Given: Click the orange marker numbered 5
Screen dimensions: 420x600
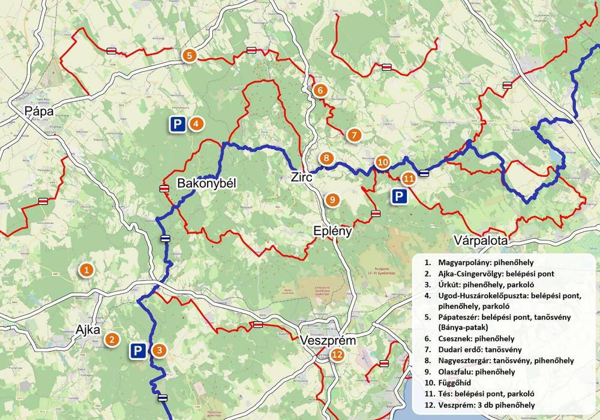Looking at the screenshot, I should pyautogui.click(x=189, y=55).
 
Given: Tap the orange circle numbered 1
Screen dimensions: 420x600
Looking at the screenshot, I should pyautogui.click(x=86, y=271).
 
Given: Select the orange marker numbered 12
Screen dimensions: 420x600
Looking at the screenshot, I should pyautogui.click(x=337, y=355).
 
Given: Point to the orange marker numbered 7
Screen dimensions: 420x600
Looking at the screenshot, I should pyautogui.click(x=353, y=135).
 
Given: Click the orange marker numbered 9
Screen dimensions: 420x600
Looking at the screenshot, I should pyautogui.click(x=330, y=199).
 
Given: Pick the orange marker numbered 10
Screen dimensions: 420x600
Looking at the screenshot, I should pyautogui.click(x=382, y=162).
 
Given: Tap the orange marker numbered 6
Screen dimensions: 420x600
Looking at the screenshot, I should pyautogui.click(x=319, y=91).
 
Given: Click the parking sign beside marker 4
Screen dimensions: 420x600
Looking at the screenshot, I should pyautogui.click(x=176, y=124).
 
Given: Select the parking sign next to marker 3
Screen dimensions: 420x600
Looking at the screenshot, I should pyautogui.click(x=137, y=351).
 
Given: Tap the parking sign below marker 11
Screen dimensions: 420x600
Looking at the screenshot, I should pyautogui.click(x=397, y=196).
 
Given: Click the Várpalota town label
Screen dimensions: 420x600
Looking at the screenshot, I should pyautogui.click(x=482, y=240).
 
